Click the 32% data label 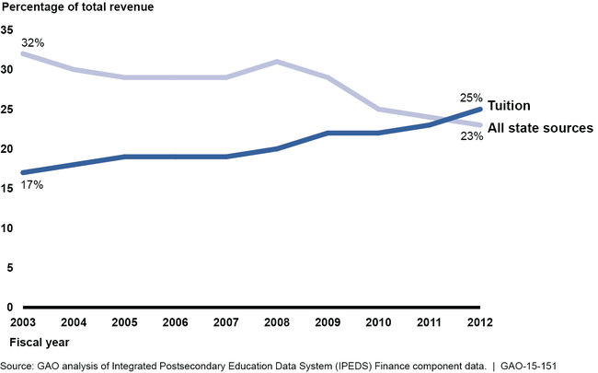34,42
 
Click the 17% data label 34,185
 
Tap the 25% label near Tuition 471,97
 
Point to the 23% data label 471,136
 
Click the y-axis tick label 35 7,29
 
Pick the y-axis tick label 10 7,227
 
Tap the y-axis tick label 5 9,267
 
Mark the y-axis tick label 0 9,307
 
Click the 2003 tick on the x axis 22,322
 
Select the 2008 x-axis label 278,322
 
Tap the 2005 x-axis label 124,322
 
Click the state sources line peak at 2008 278,62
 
